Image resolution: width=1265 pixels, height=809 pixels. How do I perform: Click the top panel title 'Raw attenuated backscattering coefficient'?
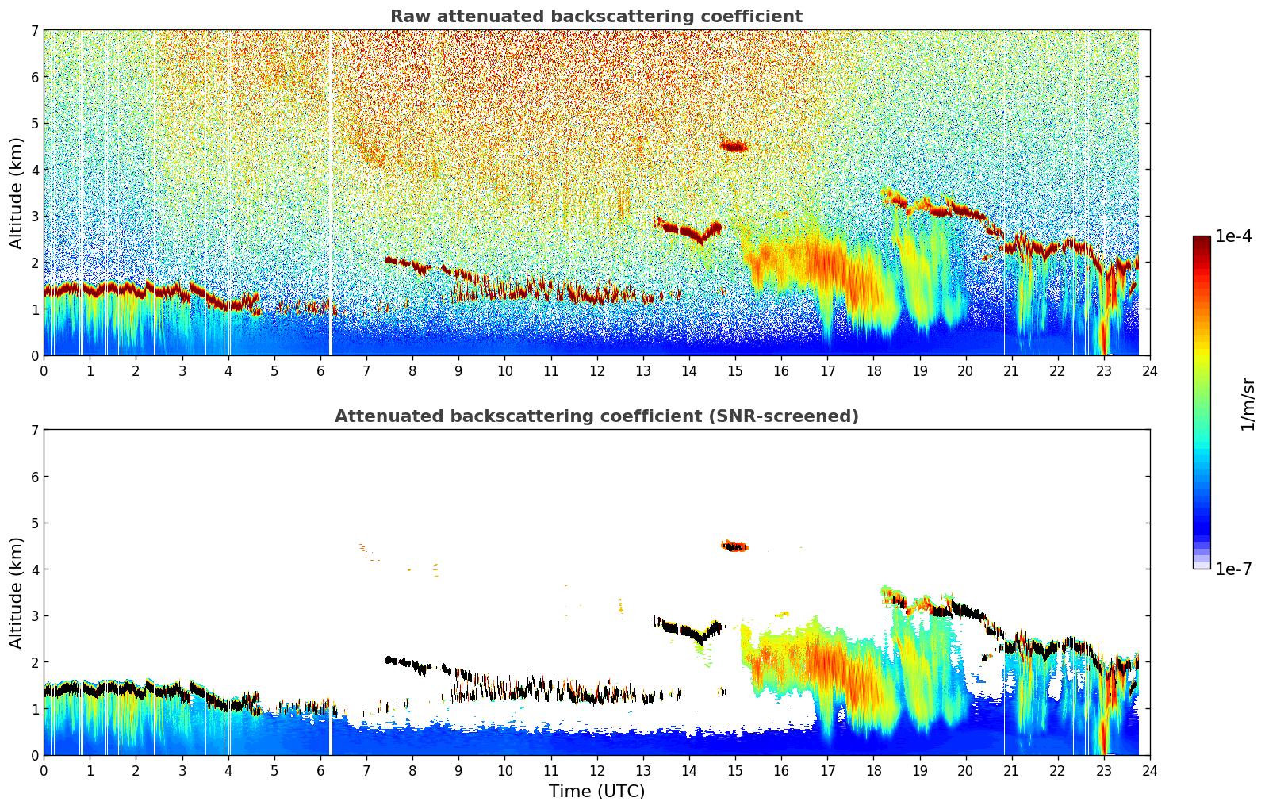coord(596,17)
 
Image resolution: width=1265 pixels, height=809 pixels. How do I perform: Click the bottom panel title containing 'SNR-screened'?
coord(596,416)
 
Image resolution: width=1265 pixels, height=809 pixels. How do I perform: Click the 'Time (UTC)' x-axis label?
coord(596,792)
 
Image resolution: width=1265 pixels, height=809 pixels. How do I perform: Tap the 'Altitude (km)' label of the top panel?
coord(16,193)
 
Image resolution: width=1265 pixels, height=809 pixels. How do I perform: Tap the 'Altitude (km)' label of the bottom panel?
coord(16,592)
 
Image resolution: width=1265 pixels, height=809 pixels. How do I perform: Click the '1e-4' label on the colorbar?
coord(1232,236)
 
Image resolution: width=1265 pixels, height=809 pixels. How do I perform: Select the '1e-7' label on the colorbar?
coord(1232,569)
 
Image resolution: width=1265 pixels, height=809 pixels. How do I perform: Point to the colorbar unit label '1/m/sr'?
coord(1248,404)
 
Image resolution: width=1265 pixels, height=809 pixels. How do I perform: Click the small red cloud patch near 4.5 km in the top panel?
coord(734,146)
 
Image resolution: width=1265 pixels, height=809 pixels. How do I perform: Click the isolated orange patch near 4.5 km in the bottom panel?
coord(734,546)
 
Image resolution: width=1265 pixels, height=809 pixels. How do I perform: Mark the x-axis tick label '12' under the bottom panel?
coord(596,770)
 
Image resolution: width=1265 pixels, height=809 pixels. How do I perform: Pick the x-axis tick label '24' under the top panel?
coord(1149,370)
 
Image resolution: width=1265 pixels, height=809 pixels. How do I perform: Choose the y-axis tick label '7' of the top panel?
coord(35,31)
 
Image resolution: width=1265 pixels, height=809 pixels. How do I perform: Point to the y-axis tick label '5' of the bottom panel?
coord(35,523)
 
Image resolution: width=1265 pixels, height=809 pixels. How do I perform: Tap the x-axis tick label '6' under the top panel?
coord(320,370)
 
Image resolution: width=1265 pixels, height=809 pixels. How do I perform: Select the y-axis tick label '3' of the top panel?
coord(35,217)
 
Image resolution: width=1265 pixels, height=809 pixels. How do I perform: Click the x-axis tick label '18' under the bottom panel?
coord(873,770)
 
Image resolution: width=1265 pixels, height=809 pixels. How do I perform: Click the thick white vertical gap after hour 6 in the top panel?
coord(331,190)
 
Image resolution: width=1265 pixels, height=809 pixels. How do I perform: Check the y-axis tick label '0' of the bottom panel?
coord(35,755)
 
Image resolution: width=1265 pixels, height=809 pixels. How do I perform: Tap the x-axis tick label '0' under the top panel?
coord(44,370)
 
